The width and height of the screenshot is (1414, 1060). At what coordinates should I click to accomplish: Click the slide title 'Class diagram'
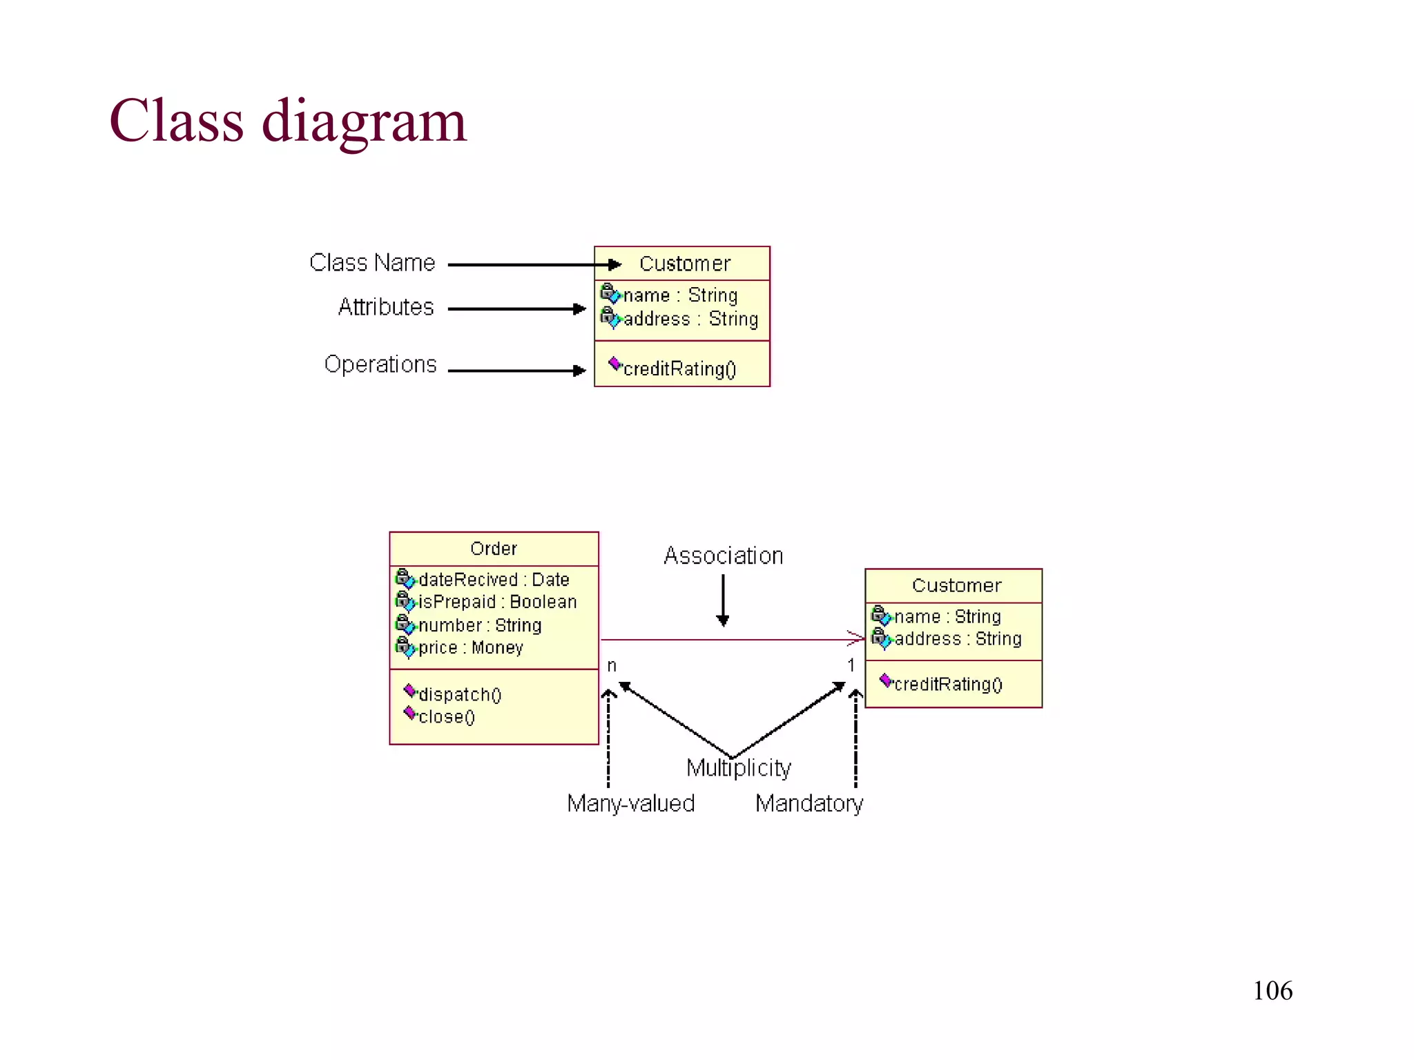pos(288,121)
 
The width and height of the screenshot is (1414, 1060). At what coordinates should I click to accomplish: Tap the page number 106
pos(1272,991)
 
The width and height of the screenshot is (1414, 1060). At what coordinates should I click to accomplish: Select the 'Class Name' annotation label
pos(372,263)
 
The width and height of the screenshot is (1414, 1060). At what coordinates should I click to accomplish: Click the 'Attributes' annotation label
pos(386,307)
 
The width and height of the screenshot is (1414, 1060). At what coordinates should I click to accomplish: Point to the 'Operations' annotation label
pos(380,364)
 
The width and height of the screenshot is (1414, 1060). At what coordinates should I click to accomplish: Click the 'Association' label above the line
pos(723,556)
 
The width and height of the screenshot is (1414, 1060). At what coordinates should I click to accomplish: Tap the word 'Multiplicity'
pos(738,768)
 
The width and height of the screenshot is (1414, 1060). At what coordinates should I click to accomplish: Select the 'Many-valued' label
pos(630,804)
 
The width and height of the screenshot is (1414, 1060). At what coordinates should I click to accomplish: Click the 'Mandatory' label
pos(808,804)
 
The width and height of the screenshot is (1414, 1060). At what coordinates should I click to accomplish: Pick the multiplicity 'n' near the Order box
pos(612,666)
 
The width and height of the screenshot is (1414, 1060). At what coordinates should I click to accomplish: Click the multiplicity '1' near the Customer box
pos(851,665)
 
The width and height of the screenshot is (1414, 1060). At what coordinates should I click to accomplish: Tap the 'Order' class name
pos(493,549)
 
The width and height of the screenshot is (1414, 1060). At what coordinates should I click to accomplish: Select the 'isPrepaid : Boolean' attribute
pos(497,602)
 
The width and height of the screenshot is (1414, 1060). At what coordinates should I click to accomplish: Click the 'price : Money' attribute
pos(470,648)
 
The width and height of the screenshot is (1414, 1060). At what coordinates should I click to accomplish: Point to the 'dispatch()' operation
pos(460,694)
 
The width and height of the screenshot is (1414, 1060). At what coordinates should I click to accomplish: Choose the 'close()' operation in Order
pos(446,717)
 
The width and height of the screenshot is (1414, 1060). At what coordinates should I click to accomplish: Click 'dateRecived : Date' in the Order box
pos(494,580)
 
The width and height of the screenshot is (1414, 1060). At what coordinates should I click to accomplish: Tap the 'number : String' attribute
pos(480,625)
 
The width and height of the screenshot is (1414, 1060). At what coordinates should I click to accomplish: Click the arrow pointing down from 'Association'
pos(723,600)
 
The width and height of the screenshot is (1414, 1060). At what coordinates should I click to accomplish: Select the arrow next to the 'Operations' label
pos(516,371)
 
